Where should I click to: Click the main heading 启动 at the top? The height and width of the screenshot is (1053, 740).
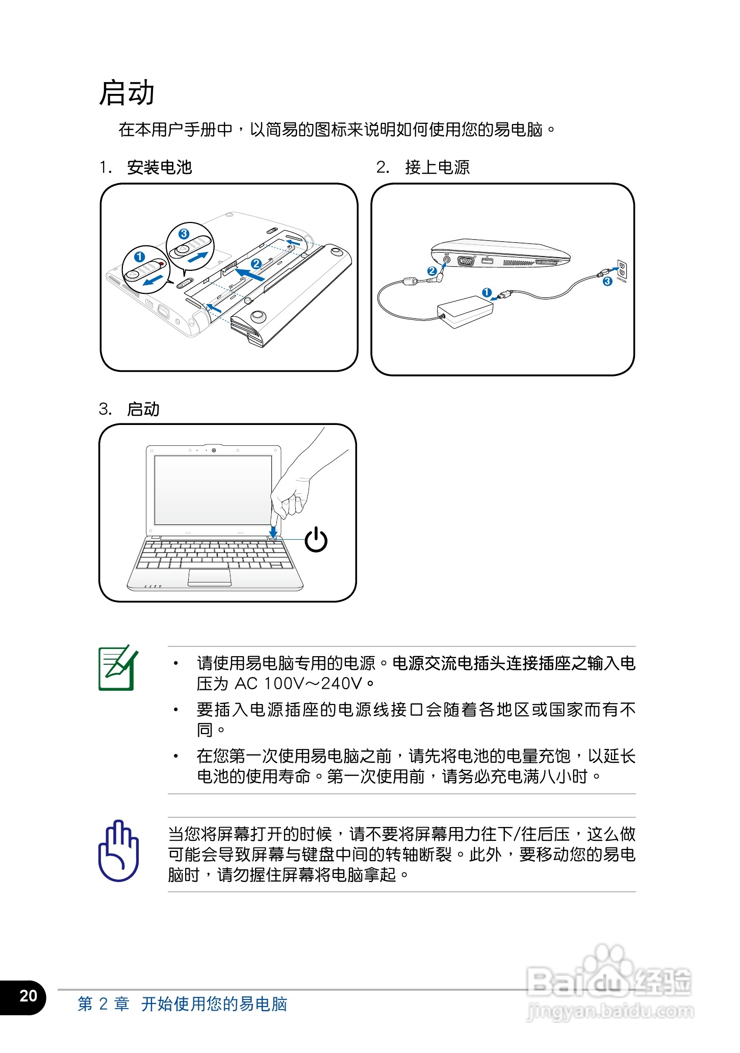(126, 93)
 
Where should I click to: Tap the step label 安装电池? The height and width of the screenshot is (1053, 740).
(159, 167)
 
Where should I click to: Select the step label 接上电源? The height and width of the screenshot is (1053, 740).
(437, 167)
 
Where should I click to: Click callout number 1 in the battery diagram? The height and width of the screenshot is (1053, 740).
(139, 257)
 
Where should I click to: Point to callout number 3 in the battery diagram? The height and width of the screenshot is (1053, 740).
(184, 234)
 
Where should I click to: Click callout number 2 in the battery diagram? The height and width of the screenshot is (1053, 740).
(257, 263)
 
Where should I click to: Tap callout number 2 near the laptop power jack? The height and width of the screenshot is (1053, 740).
(432, 271)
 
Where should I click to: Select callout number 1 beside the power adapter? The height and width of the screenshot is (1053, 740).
(487, 292)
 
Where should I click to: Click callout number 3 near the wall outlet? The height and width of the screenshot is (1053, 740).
(607, 281)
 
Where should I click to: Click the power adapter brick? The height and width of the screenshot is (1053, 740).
(465, 311)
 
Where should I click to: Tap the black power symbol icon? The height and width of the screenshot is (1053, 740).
(316, 540)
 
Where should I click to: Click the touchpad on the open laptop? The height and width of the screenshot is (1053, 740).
(210, 577)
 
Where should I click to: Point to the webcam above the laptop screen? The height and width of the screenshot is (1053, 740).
(214, 450)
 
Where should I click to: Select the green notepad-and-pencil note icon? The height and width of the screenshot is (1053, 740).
(118, 668)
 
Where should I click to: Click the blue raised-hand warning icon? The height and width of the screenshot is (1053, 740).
(118, 851)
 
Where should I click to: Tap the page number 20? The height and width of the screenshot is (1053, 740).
(28, 996)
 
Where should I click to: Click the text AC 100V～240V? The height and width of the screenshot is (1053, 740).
(298, 684)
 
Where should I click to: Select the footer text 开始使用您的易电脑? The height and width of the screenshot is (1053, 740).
(214, 1004)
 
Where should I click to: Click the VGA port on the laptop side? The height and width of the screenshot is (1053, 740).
(466, 261)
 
